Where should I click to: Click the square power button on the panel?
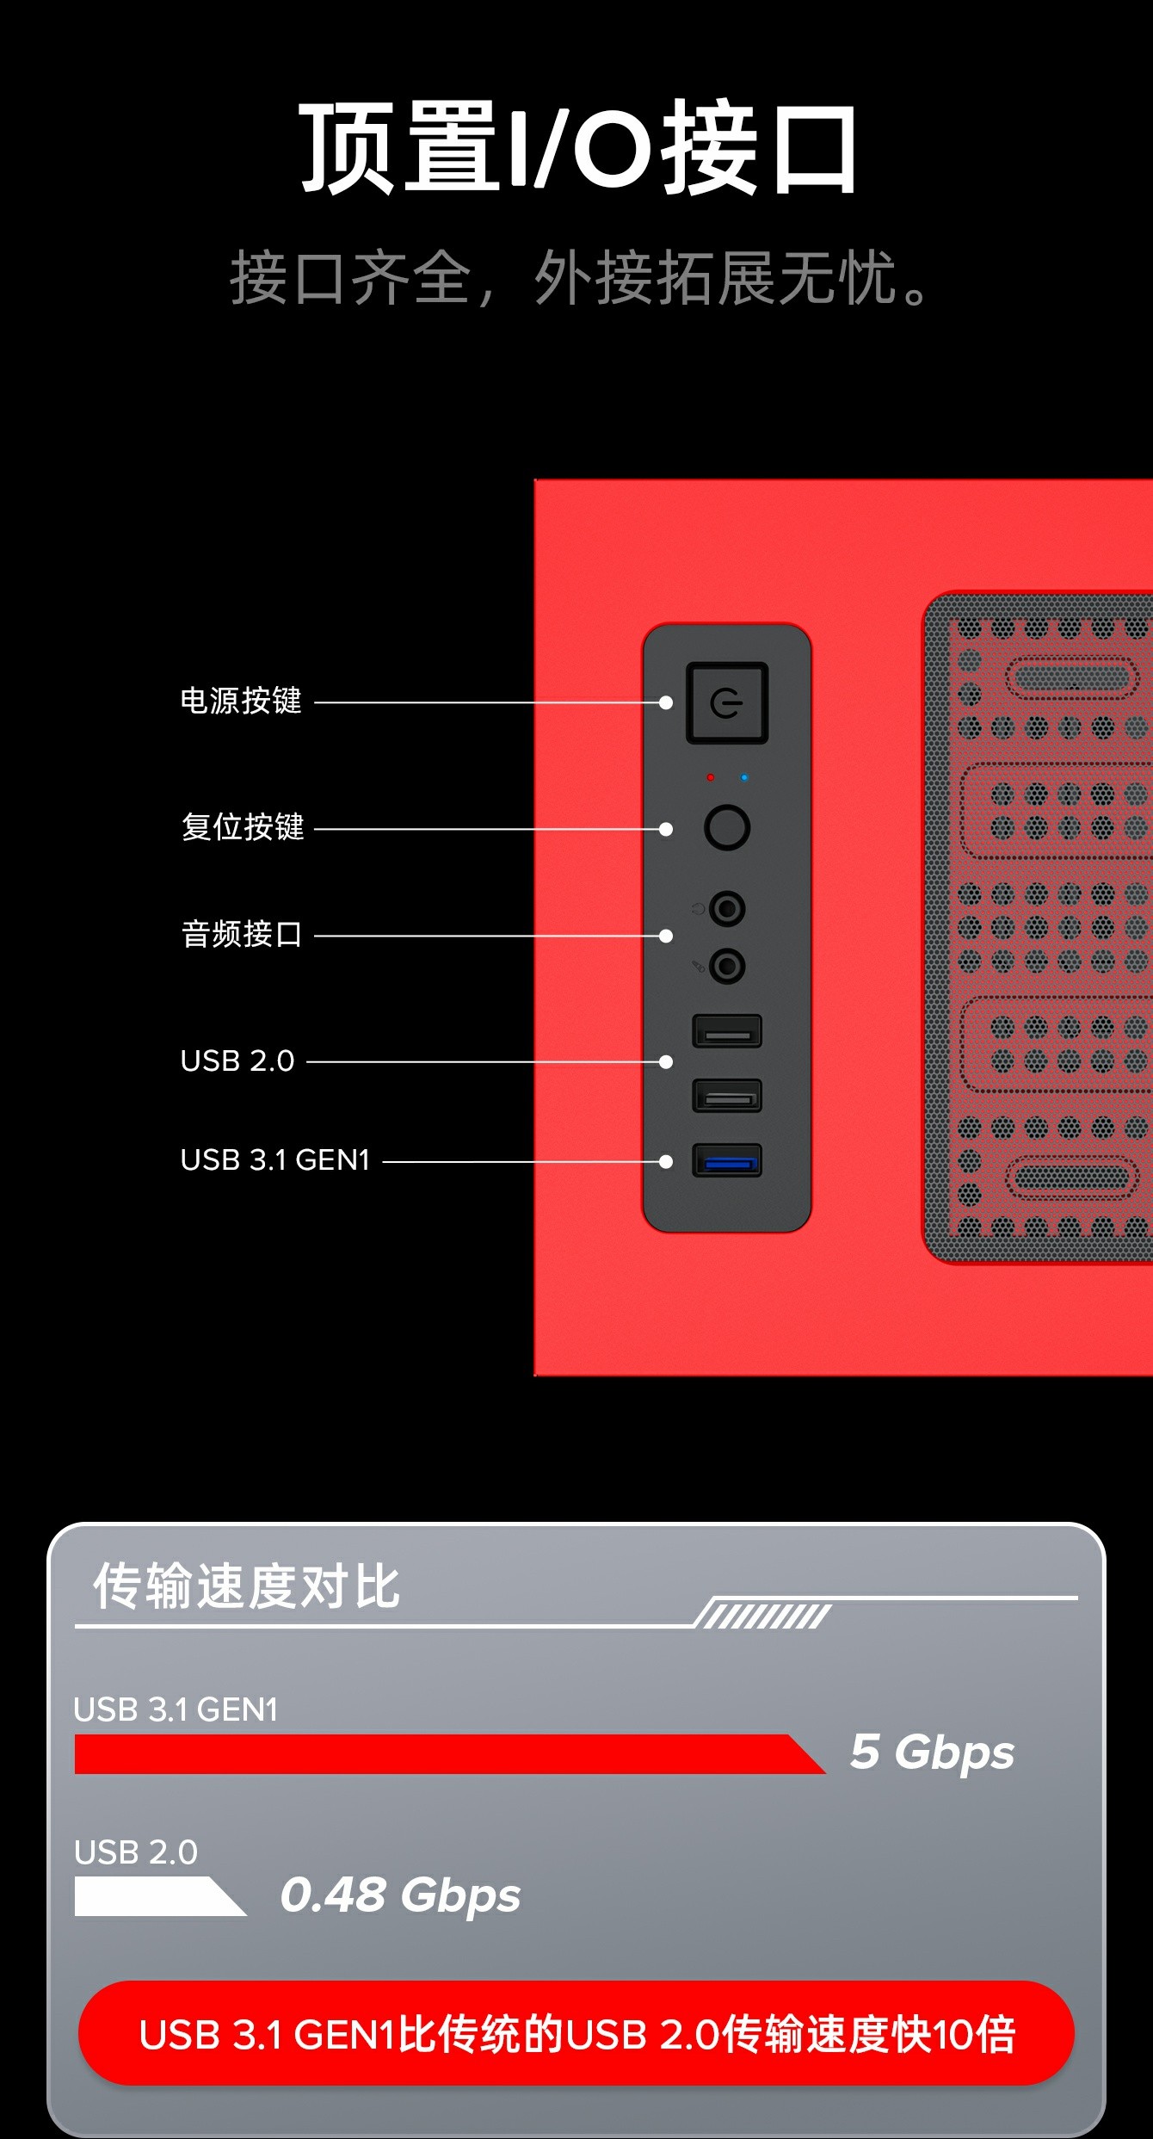(x=727, y=703)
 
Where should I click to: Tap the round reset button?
(x=727, y=827)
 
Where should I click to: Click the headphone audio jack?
(x=728, y=908)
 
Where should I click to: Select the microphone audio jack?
(x=728, y=966)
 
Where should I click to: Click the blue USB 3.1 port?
(x=727, y=1160)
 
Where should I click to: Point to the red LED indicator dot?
(x=710, y=777)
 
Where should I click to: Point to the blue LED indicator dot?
(x=744, y=777)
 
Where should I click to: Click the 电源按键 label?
(x=241, y=701)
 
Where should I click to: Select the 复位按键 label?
(x=243, y=826)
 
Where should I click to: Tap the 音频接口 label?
(x=242, y=934)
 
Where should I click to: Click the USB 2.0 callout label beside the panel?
(x=237, y=1060)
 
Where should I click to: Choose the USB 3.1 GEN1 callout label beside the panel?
(x=275, y=1160)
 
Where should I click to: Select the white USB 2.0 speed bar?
(x=159, y=1896)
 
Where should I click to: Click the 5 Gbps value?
(x=933, y=1753)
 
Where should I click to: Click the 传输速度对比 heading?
(x=247, y=1586)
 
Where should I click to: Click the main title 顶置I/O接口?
(x=578, y=147)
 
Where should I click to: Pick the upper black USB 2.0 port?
(x=727, y=1031)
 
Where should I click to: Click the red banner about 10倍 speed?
(x=576, y=2034)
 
